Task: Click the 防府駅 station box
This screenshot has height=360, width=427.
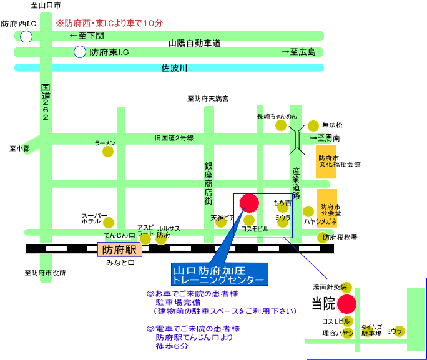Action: (120, 250)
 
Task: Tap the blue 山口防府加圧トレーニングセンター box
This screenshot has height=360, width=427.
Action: (220, 275)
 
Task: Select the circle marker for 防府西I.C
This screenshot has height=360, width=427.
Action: (26, 36)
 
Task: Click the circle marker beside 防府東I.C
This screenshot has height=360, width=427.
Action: (80, 52)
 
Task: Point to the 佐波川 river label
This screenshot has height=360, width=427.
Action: (174, 68)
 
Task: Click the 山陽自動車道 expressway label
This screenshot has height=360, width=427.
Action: (194, 43)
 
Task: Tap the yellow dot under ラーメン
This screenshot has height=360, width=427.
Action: (108, 152)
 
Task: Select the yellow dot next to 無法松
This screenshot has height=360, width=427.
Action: (313, 126)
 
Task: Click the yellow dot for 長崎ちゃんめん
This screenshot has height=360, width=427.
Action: (281, 125)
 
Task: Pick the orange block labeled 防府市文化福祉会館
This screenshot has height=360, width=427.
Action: (326, 162)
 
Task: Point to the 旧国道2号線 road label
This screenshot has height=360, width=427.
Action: (174, 139)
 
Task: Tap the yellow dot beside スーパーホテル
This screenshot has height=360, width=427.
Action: (109, 223)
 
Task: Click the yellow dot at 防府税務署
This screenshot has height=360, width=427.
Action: (322, 238)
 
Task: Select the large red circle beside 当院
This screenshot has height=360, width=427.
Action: (346, 304)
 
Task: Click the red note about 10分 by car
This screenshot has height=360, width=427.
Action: (109, 23)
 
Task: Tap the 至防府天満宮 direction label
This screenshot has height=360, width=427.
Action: (208, 99)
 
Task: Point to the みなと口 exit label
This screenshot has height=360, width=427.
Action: (120, 263)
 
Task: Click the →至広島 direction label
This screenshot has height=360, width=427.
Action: (298, 52)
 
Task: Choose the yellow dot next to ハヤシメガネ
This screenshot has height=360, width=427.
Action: (308, 212)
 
